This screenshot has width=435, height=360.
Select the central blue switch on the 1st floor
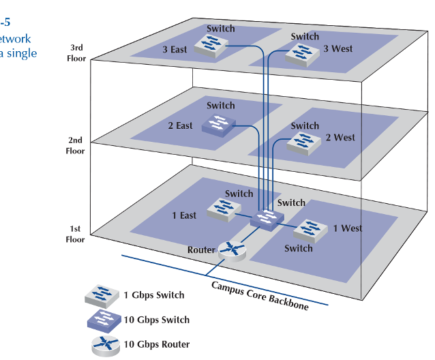[x=266, y=220]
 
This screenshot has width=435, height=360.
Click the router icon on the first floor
[x=231, y=250]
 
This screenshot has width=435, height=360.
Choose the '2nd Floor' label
[x=75, y=145]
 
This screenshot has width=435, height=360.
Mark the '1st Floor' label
[x=75, y=235]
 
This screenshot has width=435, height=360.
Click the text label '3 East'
[x=175, y=50]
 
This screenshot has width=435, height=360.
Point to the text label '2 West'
[x=340, y=138]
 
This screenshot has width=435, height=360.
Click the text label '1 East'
[x=183, y=215]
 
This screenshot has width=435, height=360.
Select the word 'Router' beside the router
[x=201, y=250]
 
